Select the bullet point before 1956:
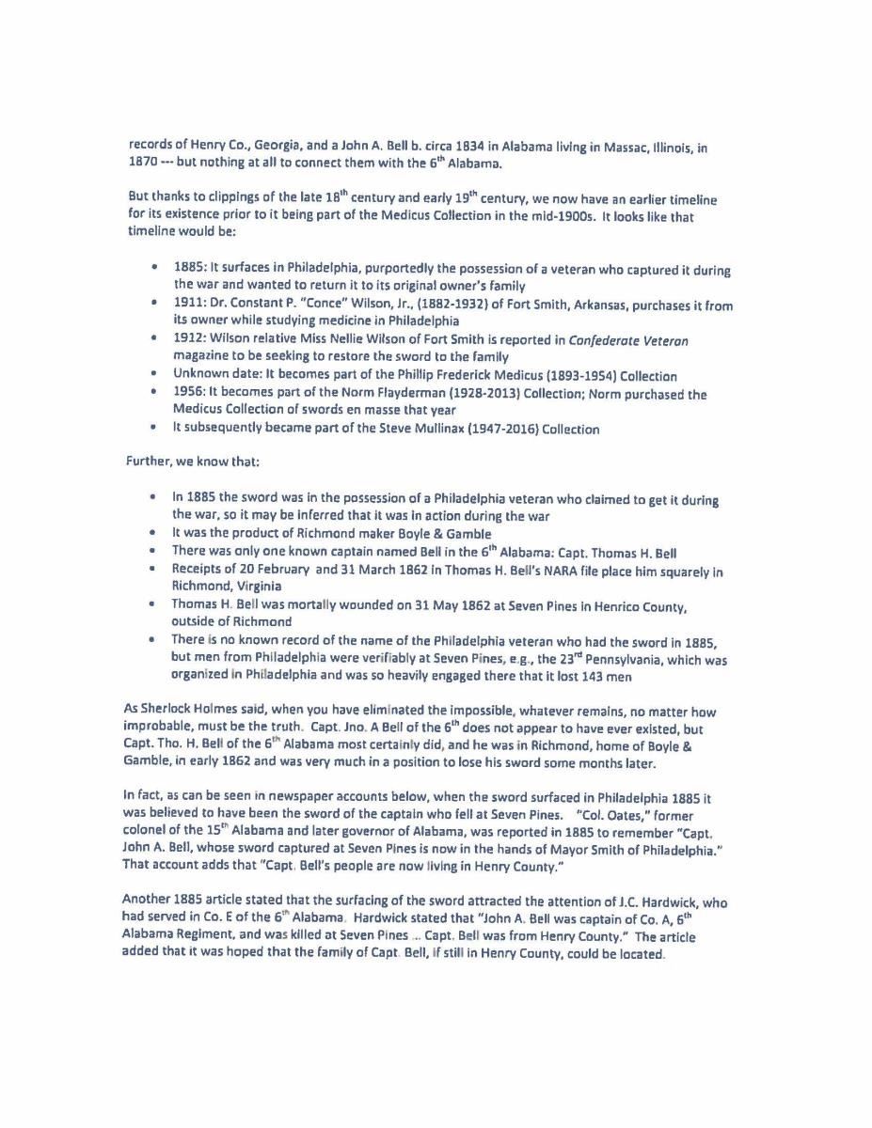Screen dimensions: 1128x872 point(153,393)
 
